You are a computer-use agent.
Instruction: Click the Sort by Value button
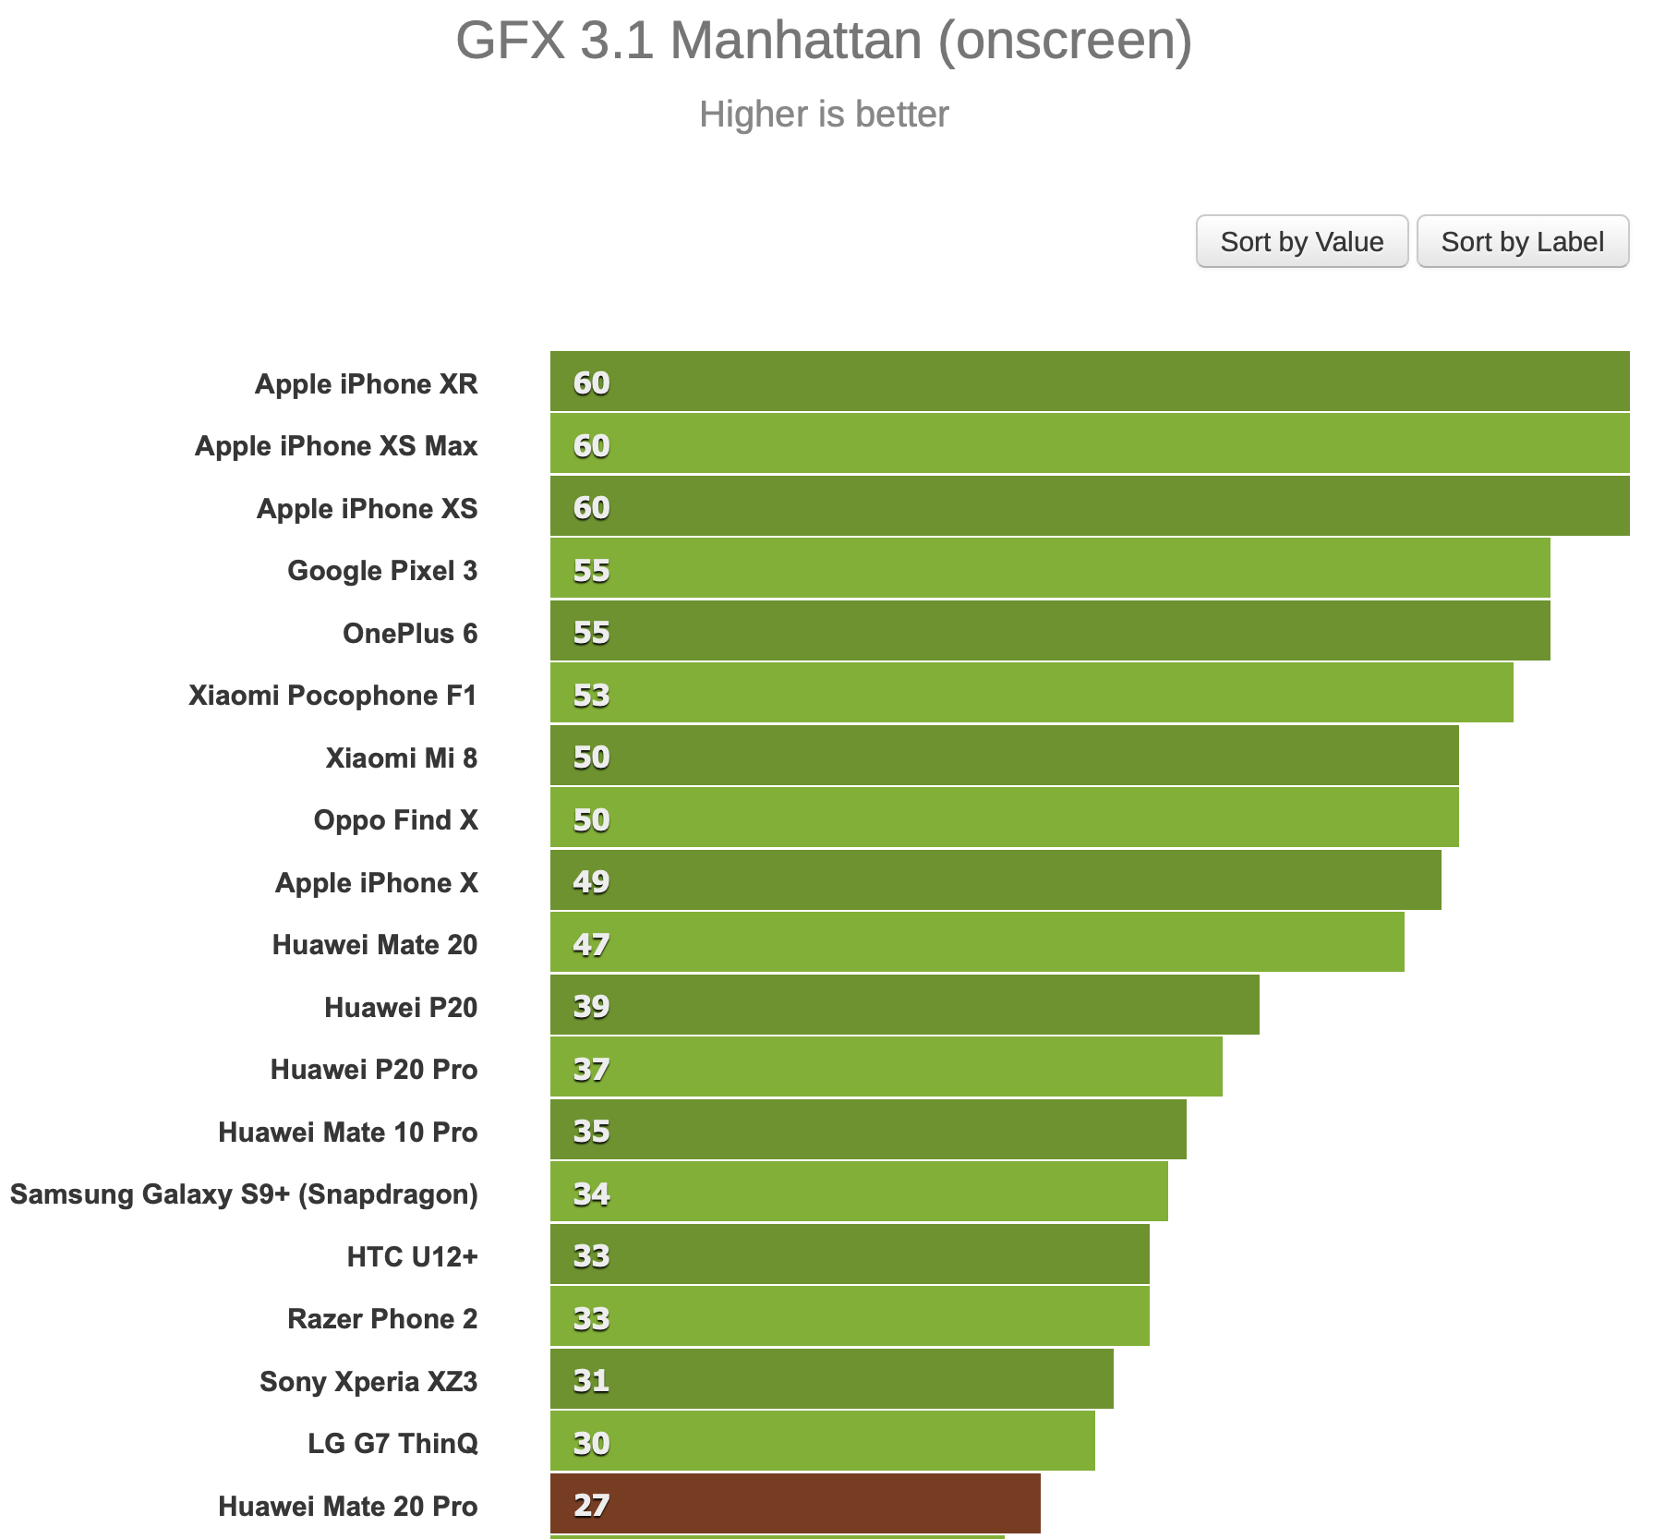[x=1301, y=242]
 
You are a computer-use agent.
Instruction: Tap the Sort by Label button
[x=1522, y=242]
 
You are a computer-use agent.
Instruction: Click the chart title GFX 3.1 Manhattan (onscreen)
[x=824, y=41]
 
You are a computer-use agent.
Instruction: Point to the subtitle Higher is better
[x=824, y=115]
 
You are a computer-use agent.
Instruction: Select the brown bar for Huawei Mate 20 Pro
[x=794, y=1504]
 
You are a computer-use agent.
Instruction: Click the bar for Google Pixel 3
[x=1049, y=569]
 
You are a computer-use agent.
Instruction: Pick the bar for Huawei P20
[x=904, y=1005]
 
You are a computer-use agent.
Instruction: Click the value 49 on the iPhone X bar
[x=591, y=881]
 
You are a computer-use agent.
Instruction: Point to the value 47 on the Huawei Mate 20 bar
[x=591, y=944]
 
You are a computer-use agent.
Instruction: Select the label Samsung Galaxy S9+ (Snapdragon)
[x=244, y=1194]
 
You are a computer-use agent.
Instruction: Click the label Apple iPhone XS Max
[x=336, y=445]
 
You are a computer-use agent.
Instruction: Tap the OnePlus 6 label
[x=410, y=633]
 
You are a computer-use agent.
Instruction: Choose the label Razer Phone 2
[x=382, y=1318]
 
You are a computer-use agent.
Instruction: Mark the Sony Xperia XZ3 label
[x=368, y=1381]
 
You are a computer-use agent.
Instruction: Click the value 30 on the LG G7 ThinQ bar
[x=591, y=1442]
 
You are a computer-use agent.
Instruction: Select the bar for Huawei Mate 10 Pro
[x=868, y=1130]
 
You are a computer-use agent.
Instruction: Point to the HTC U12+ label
[x=412, y=1256]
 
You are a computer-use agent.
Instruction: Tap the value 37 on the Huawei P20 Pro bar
[x=591, y=1069]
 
